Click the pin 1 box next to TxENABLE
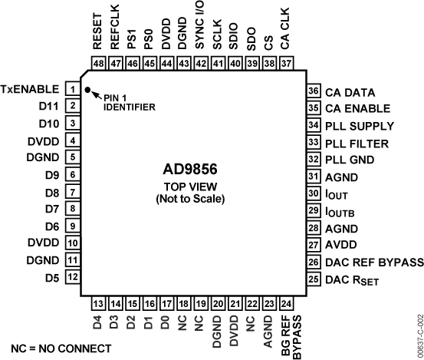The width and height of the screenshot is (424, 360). pyautogui.click(x=71, y=89)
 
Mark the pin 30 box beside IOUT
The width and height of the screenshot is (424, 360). pyautogui.click(x=312, y=194)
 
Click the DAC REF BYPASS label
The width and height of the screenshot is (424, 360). pyautogui.click(x=374, y=263)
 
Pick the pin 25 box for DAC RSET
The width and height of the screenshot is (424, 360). pyautogui.click(x=312, y=279)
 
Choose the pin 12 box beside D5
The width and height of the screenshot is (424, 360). pyautogui.click(x=71, y=276)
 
